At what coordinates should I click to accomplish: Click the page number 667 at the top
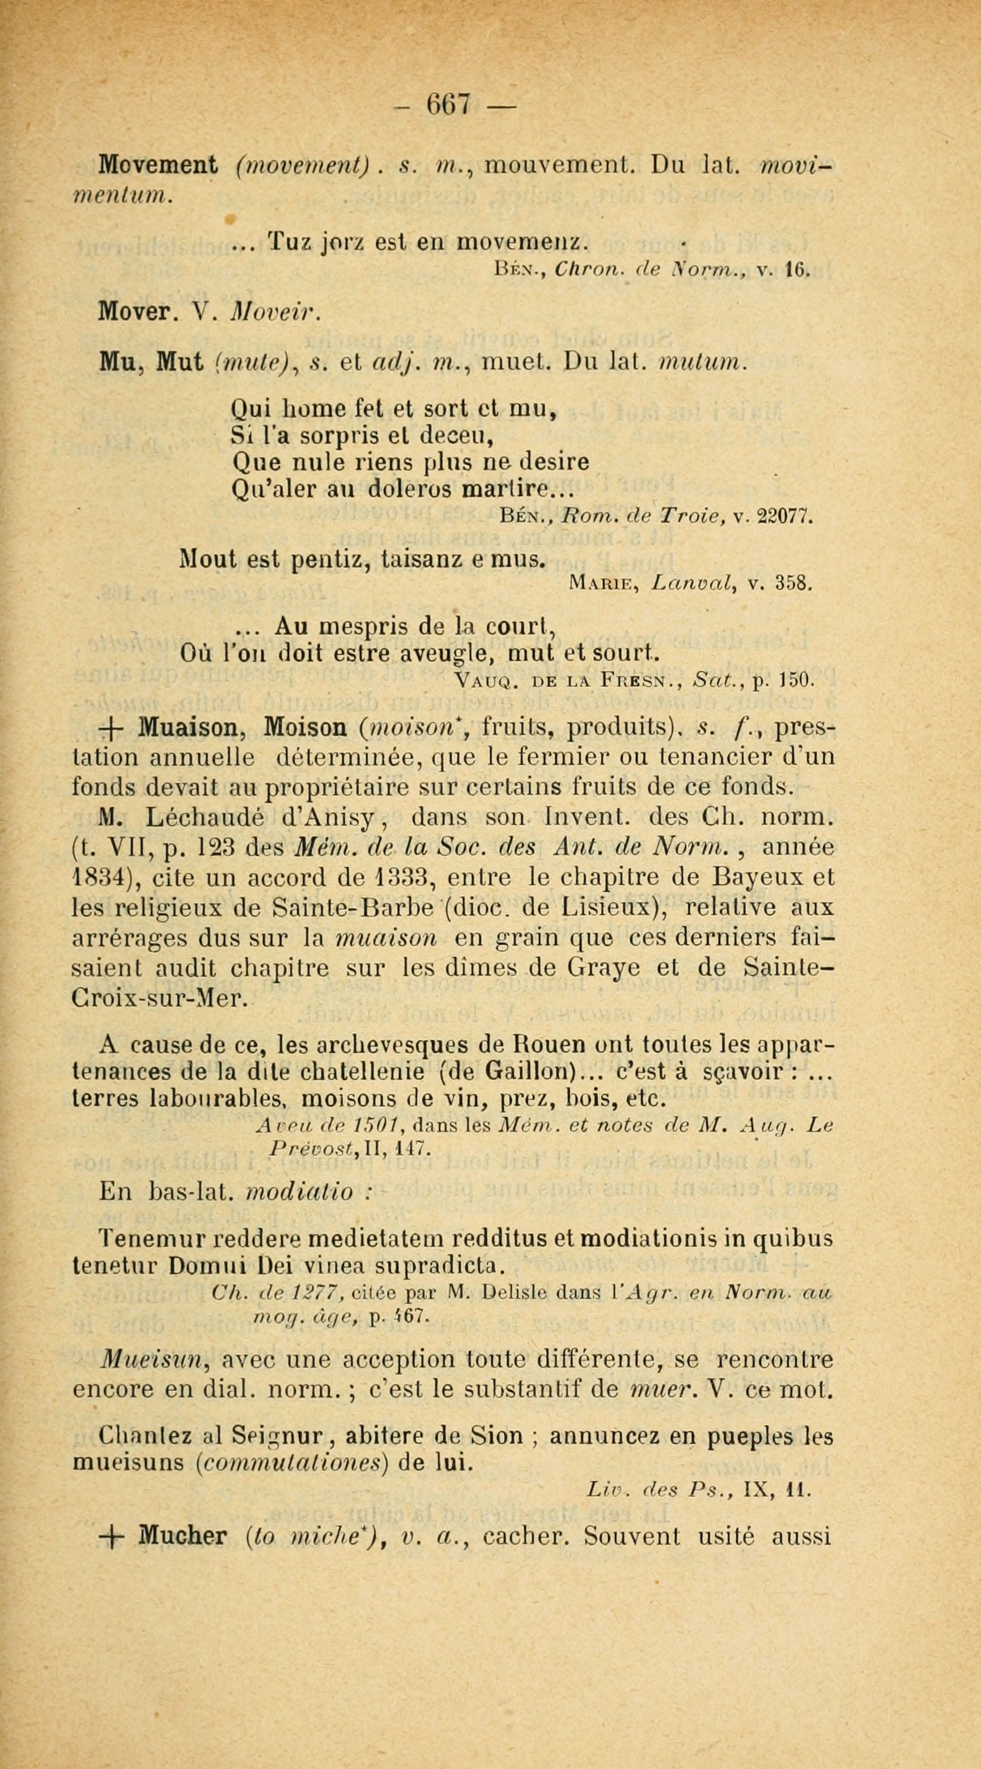pyautogui.click(x=449, y=104)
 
